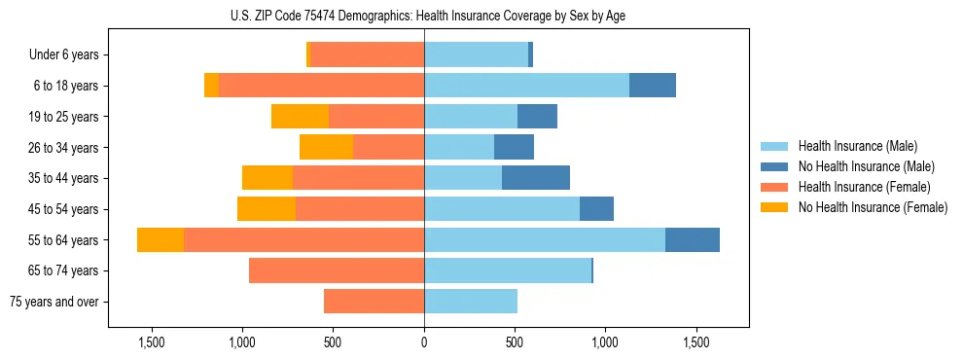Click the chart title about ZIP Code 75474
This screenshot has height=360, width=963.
(x=424, y=16)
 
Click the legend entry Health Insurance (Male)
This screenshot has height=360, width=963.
(x=857, y=146)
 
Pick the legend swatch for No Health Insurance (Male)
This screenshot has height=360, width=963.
(x=775, y=166)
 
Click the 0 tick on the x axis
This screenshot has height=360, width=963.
(x=424, y=342)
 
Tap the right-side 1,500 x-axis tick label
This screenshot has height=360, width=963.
(x=696, y=342)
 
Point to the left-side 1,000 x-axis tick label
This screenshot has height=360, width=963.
(x=241, y=342)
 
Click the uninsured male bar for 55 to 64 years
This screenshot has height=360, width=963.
(x=693, y=239)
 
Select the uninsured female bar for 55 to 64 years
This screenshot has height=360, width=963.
(x=160, y=239)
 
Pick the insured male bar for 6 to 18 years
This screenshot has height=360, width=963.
(x=526, y=86)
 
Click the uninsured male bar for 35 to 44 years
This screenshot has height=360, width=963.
(x=536, y=178)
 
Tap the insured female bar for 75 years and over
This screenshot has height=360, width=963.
(x=374, y=302)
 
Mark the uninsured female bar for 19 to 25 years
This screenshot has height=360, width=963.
(x=300, y=117)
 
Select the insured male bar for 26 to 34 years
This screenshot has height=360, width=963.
(x=459, y=147)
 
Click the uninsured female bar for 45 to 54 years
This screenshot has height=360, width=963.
(x=267, y=209)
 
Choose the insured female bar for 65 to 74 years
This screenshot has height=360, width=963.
(x=337, y=270)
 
